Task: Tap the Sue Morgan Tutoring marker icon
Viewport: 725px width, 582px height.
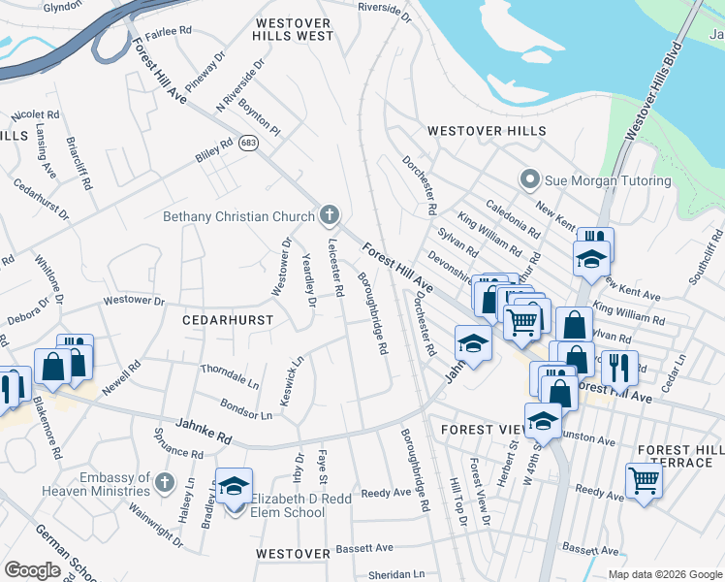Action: tap(529, 180)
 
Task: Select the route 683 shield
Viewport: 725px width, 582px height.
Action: tap(249, 144)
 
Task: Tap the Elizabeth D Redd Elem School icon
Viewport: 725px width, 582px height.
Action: tap(234, 487)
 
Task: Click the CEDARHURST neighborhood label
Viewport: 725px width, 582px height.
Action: tap(228, 319)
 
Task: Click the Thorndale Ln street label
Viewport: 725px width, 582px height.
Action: tap(230, 376)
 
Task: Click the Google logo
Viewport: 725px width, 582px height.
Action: tap(31, 570)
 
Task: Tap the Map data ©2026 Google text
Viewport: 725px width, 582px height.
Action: tap(664, 574)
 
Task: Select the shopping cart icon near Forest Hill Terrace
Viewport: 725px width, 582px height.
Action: tap(643, 479)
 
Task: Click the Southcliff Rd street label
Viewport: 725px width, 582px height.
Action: tap(705, 258)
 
